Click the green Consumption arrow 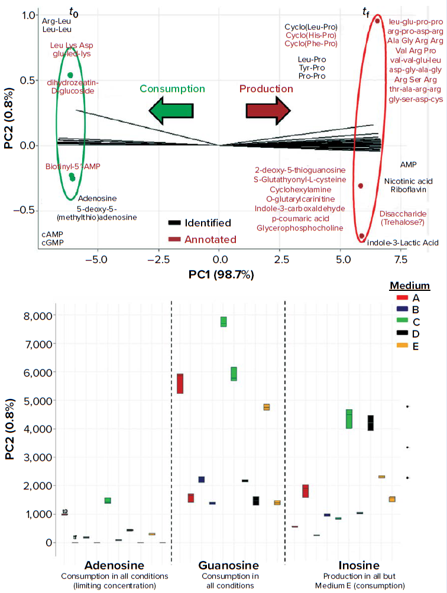[171, 111]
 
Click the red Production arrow [268, 111]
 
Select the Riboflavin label [407, 189]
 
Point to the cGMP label [53, 242]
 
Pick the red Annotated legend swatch [174, 239]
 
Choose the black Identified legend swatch [174, 223]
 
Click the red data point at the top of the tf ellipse [377, 21]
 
